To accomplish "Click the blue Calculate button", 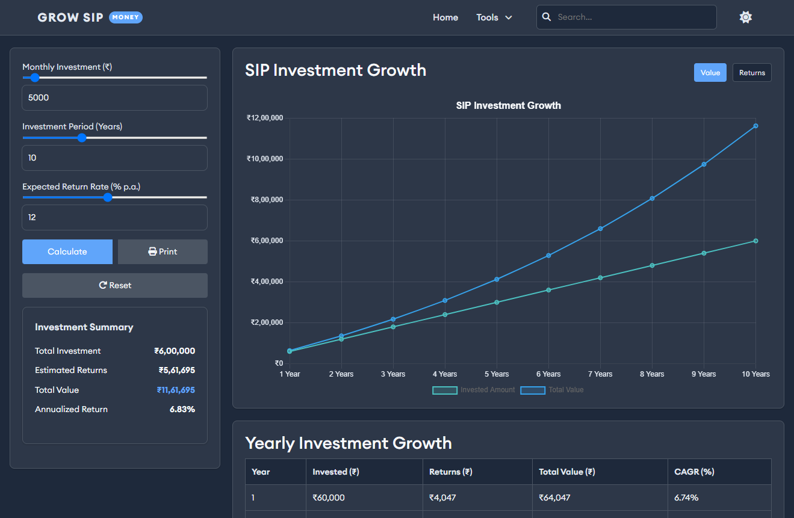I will pos(67,251).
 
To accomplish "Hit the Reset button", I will pos(114,285).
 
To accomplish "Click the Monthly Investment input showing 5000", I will pos(114,97).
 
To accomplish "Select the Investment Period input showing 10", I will pos(114,158).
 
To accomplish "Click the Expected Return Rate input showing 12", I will pos(114,217).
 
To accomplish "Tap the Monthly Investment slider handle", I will pos(34,78).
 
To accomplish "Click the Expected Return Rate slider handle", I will pos(108,197).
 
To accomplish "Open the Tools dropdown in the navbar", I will pos(494,17).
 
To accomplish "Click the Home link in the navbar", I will pos(445,17).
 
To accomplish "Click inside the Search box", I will pos(632,17).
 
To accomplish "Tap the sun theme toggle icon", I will pos(745,17).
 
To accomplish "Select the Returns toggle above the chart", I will pos(752,73).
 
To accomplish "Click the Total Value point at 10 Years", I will pos(755,126).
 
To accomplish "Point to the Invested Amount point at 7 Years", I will pos(600,277).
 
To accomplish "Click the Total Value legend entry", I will pos(552,390).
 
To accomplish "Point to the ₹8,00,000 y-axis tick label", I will pos(266,200).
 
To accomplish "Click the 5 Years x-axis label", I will pos(496,374).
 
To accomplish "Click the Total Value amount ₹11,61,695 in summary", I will pos(176,390).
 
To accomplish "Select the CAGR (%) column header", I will pos(694,472).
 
